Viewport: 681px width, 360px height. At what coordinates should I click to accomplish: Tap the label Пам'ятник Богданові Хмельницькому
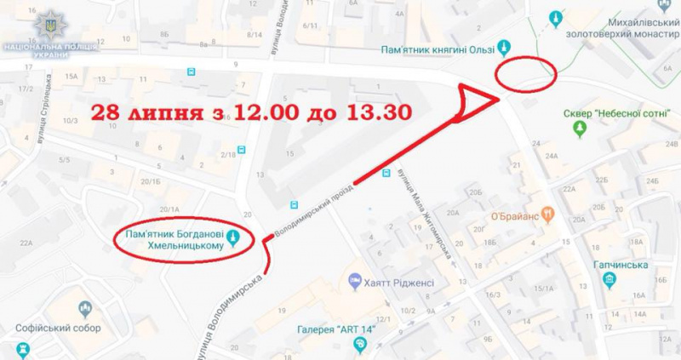pos(177,240)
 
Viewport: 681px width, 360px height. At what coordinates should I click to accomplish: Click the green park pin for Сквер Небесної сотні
pos(581,129)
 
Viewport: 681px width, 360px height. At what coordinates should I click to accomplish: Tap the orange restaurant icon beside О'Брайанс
pos(550,214)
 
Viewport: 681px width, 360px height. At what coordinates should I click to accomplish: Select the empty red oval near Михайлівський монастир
pos(526,73)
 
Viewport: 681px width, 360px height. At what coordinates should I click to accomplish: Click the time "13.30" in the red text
pos(375,111)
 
